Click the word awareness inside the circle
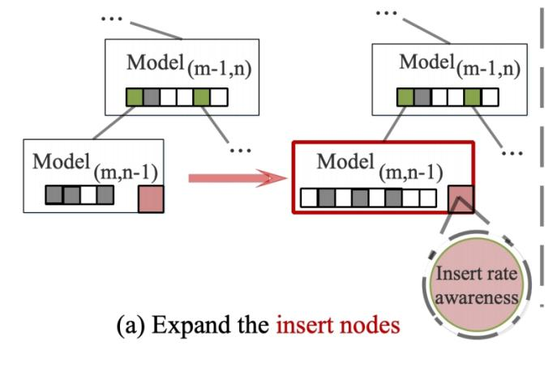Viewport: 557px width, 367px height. pyautogui.click(x=477, y=296)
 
